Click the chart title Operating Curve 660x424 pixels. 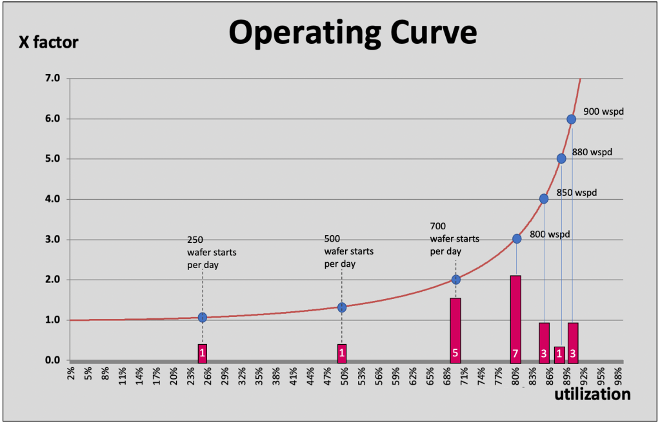click(x=352, y=33)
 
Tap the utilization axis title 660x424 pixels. click(x=592, y=394)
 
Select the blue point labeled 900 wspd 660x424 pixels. click(x=571, y=119)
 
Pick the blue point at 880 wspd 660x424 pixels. click(x=561, y=159)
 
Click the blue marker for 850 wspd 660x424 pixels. click(x=544, y=199)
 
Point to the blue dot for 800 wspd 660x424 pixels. click(x=517, y=238)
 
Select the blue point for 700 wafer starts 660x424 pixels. click(x=456, y=280)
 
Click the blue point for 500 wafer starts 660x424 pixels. click(x=342, y=307)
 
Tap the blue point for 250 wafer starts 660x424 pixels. click(x=203, y=317)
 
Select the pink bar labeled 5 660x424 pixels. click(x=455, y=329)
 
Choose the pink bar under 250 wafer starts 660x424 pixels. click(x=203, y=353)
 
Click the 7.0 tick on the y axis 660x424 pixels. click(x=52, y=79)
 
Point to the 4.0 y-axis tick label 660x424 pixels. click(x=52, y=199)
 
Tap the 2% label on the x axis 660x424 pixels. click(x=72, y=375)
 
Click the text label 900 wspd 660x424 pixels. click(x=604, y=111)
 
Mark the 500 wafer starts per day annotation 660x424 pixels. click(x=348, y=251)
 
